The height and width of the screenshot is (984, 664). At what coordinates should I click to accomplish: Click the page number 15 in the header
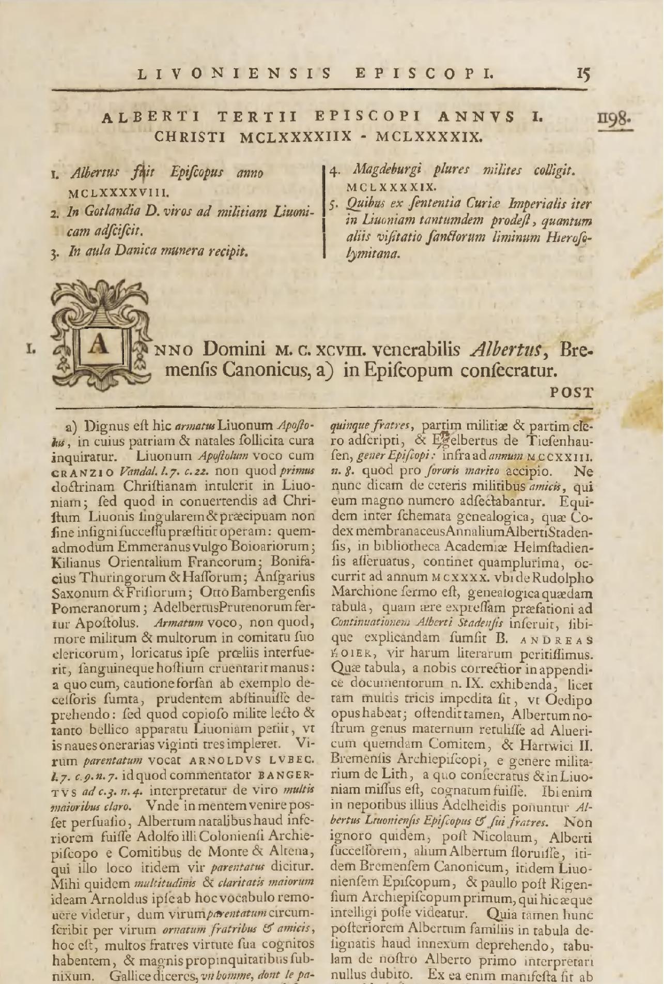click(583, 74)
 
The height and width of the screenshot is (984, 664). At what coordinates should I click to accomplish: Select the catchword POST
click(571, 392)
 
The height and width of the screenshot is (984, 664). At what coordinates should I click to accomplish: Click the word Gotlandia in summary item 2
click(104, 211)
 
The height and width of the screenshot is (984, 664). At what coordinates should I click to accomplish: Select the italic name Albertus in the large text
click(506, 351)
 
